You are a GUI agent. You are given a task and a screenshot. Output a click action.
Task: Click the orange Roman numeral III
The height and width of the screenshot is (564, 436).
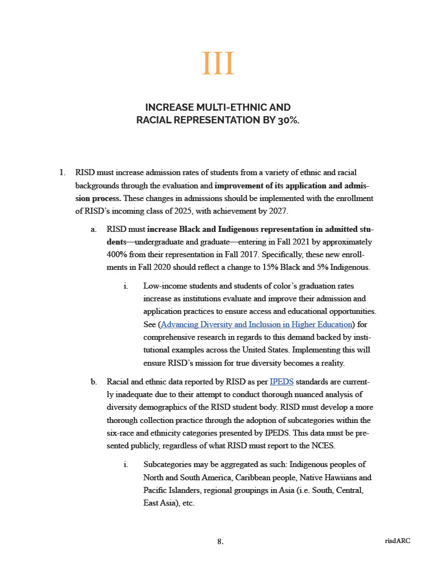point(218,64)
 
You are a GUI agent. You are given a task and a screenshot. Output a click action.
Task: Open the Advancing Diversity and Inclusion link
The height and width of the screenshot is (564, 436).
point(256,324)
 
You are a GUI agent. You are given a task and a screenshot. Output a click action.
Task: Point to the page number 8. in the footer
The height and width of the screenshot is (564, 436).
point(220,541)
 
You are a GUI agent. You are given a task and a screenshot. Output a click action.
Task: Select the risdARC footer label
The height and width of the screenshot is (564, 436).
point(397,541)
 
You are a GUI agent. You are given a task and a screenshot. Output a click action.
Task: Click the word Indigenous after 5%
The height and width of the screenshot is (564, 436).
point(348,268)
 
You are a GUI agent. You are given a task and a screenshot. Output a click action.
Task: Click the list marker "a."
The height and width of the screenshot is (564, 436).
point(94,228)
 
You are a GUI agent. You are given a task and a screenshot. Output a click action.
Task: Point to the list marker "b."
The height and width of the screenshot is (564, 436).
point(94,381)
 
